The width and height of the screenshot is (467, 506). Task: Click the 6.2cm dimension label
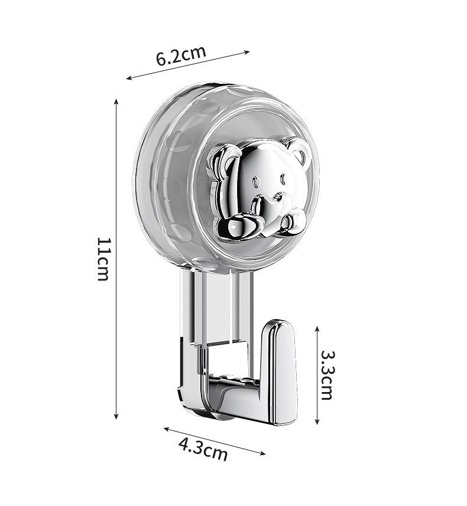181,56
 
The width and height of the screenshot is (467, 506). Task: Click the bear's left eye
257,182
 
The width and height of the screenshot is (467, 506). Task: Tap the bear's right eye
283,179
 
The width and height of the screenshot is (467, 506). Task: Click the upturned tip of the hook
278,327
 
